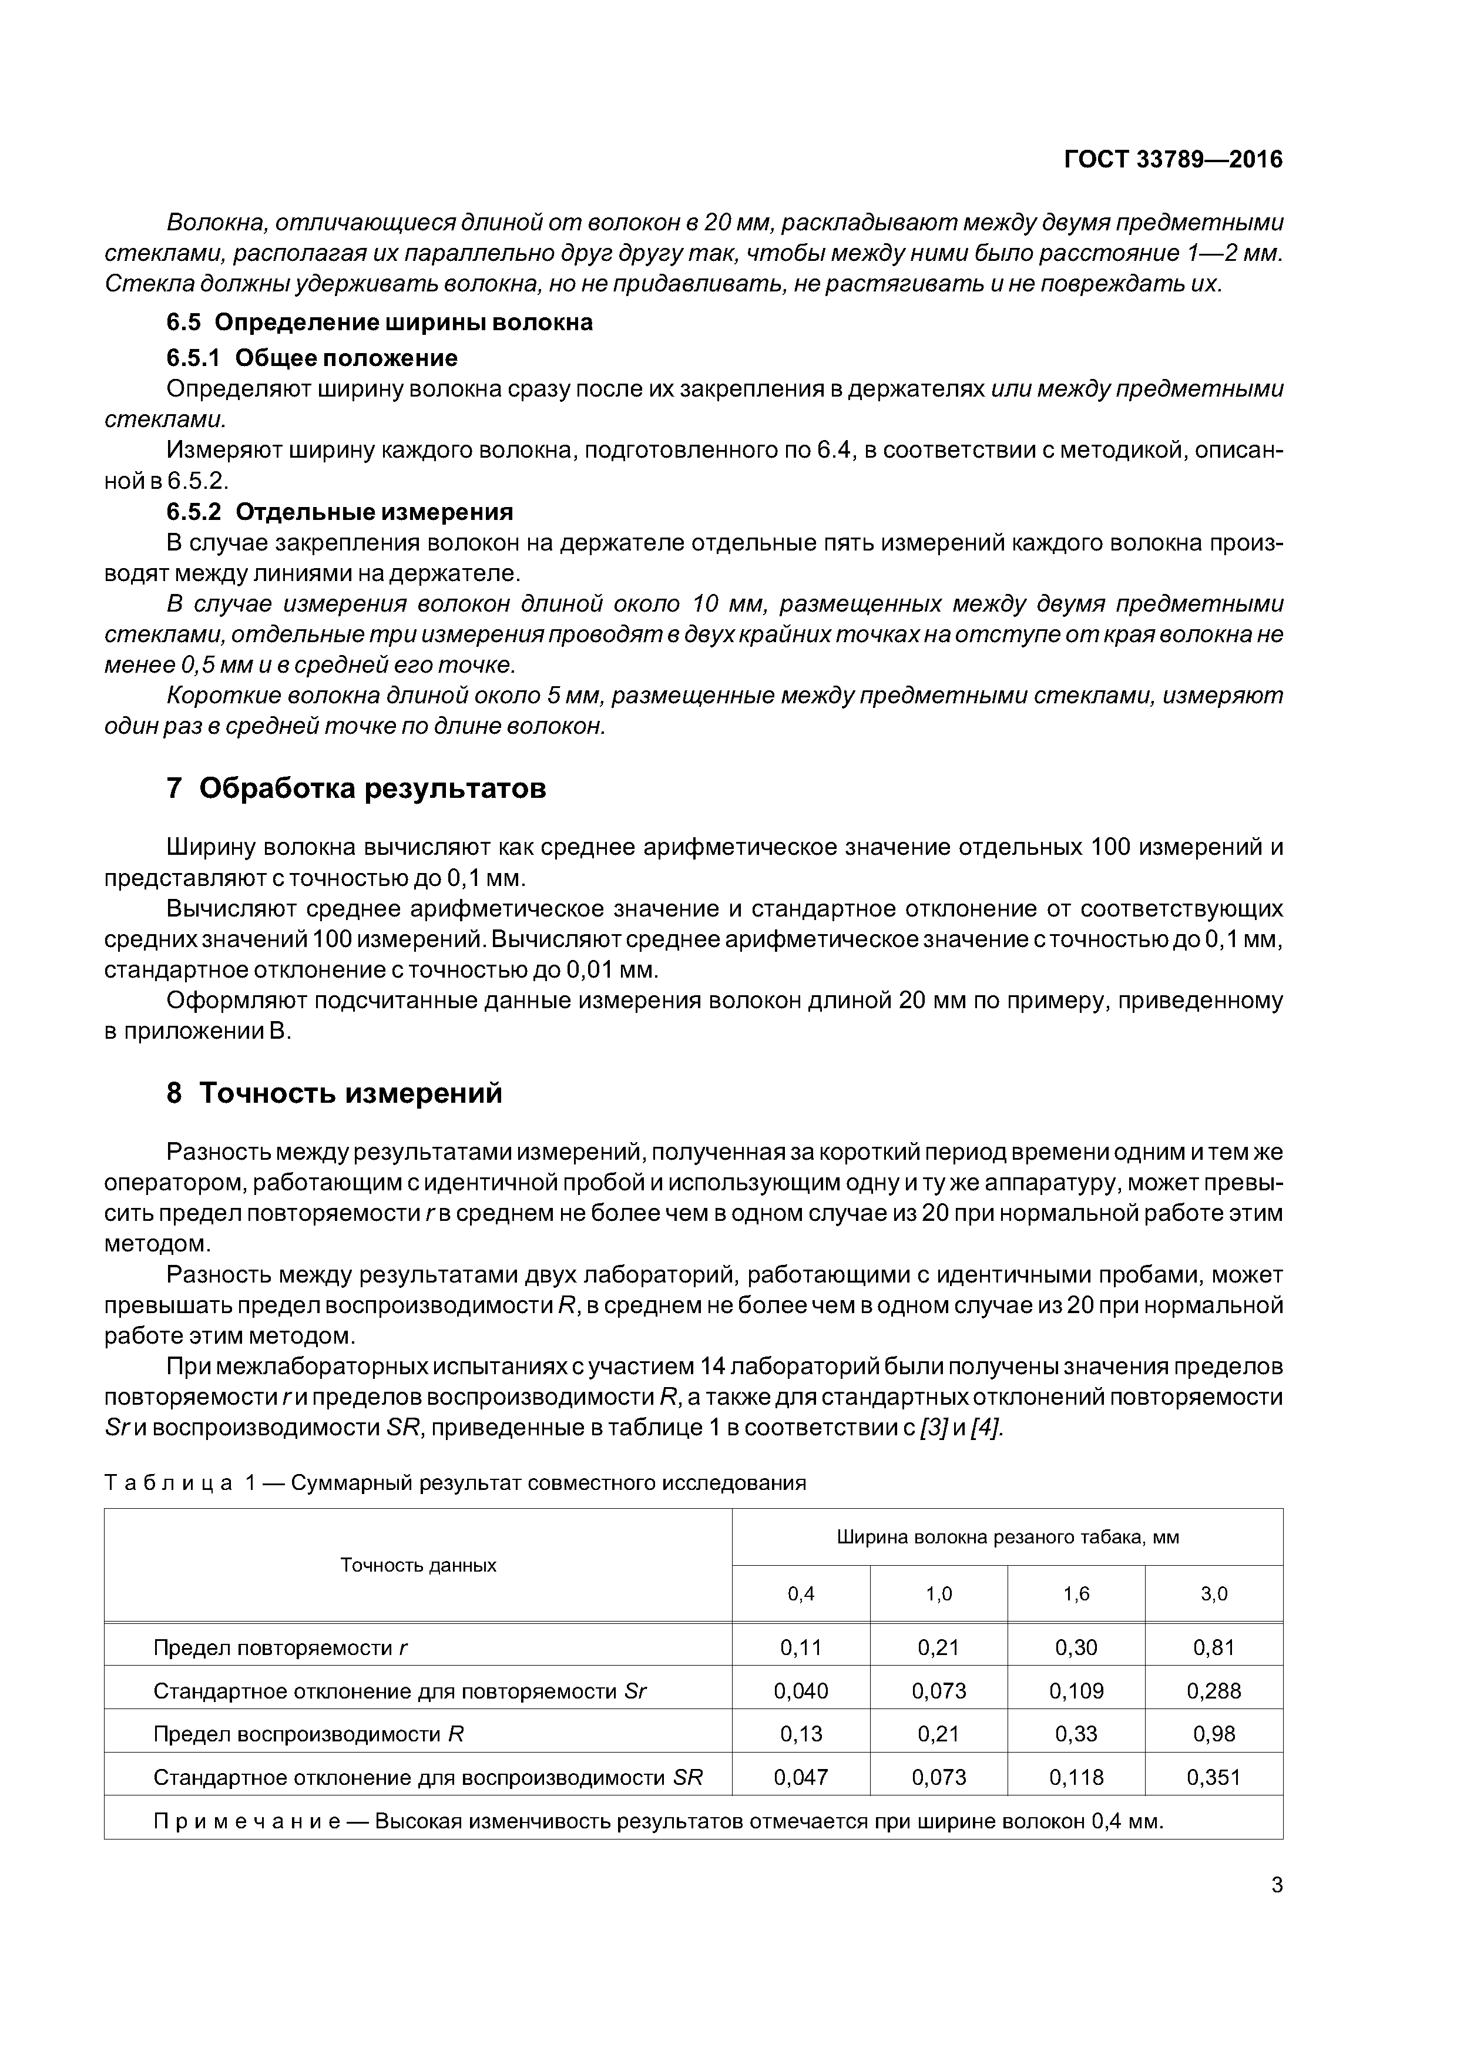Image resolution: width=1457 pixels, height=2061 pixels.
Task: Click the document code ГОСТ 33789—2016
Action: (x=1173, y=160)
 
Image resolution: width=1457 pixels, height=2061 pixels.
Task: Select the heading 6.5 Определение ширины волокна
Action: (x=380, y=323)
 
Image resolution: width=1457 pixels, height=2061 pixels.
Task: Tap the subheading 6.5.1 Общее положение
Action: (x=313, y=358)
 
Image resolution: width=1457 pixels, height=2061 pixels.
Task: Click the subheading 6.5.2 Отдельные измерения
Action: (x=340, y=512)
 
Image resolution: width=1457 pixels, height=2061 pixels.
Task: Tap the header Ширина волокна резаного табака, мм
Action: (x=1007, y=1537)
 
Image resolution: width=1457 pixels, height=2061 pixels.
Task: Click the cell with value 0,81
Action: (x=1214, y=1647)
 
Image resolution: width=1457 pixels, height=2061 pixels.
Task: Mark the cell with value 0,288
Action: (x=1214, y=1691)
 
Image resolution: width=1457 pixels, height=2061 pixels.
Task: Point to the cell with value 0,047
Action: (x=801, y=1777)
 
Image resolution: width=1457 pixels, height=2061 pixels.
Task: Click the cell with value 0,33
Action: (x=1076, y=1734)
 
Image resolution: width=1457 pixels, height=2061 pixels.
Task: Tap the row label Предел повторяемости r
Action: (x=280, y=1647)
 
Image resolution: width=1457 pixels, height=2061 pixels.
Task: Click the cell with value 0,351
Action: (x=1214, y=1777)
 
